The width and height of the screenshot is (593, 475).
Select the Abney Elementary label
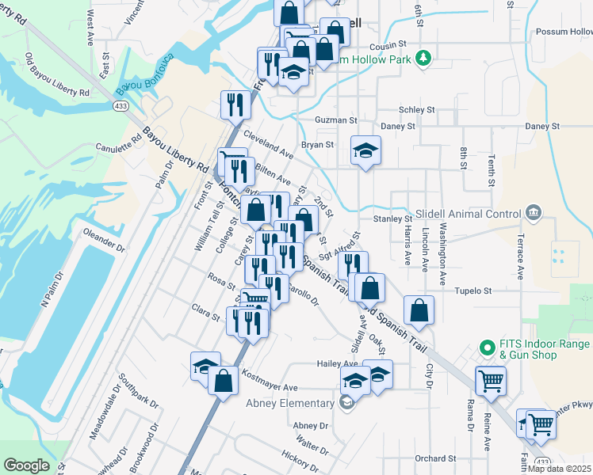[x=290, y=403]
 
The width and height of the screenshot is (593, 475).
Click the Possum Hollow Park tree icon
[x=424, y=57]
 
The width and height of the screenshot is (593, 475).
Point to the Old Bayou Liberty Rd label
[x=57, y=76]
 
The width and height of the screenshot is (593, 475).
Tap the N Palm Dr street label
[x=55, y=289]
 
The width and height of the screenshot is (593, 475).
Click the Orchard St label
[x=435, y=458]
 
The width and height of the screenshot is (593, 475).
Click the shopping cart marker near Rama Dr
[x=491, y=380]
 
